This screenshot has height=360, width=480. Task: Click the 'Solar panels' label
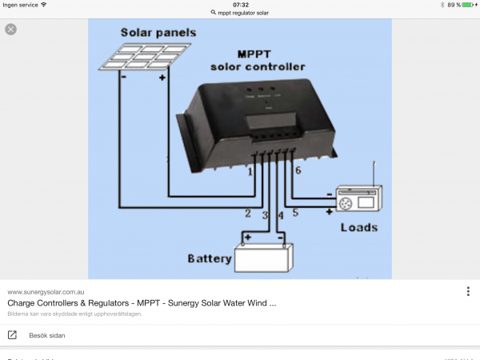158,33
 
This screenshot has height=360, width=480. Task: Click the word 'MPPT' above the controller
246,53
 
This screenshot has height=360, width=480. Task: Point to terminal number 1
250,171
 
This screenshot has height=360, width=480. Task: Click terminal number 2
248,214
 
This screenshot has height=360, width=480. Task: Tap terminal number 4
280,216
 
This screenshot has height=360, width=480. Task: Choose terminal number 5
294,212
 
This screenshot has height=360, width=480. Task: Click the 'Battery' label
209,258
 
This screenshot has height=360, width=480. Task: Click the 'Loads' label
358,227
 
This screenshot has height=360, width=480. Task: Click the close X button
10,29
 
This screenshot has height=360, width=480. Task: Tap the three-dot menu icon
468,291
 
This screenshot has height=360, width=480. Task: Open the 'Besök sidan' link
46,335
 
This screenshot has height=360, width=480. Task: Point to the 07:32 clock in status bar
240,5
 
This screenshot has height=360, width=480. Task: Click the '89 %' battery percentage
453,5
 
